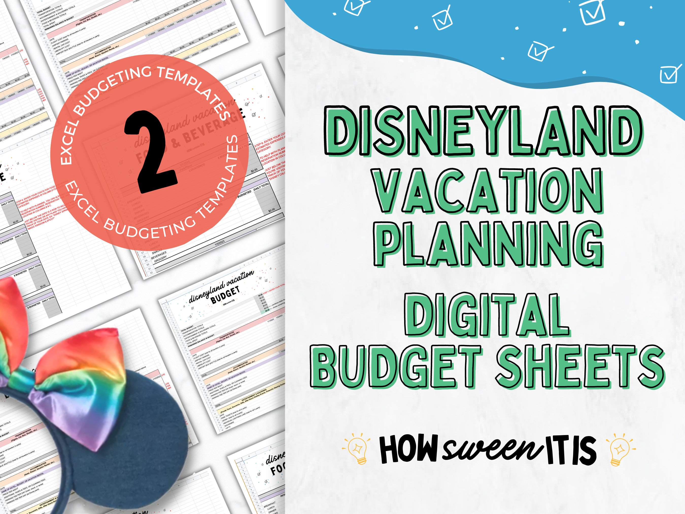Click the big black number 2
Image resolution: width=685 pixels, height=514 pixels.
[x=151, y=152]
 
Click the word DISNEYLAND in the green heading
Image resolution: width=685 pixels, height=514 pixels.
[x=483, y=131]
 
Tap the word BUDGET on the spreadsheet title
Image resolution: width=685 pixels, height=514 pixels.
[x=225, y=295]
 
